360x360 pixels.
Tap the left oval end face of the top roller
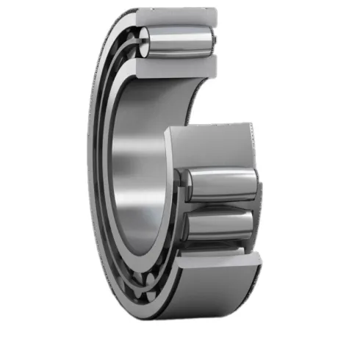pos(147,40)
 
